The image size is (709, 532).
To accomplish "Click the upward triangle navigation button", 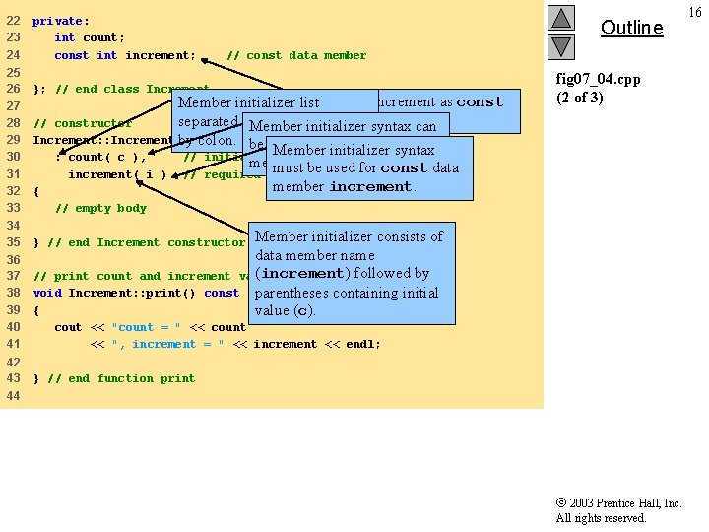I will [560, 18].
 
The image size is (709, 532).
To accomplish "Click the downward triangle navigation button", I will [560, 46].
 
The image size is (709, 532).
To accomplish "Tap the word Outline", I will [631, 28].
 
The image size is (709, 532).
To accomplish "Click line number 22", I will [13, 21].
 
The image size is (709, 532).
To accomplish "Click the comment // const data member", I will [296, 55].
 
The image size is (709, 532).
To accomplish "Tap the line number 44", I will [13, 395].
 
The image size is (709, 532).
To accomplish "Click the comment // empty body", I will [100, 208].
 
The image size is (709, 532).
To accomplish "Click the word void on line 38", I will [46, 293].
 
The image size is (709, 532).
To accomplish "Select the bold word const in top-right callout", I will [480, 101].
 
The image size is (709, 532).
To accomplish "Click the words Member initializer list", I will [249, 102].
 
